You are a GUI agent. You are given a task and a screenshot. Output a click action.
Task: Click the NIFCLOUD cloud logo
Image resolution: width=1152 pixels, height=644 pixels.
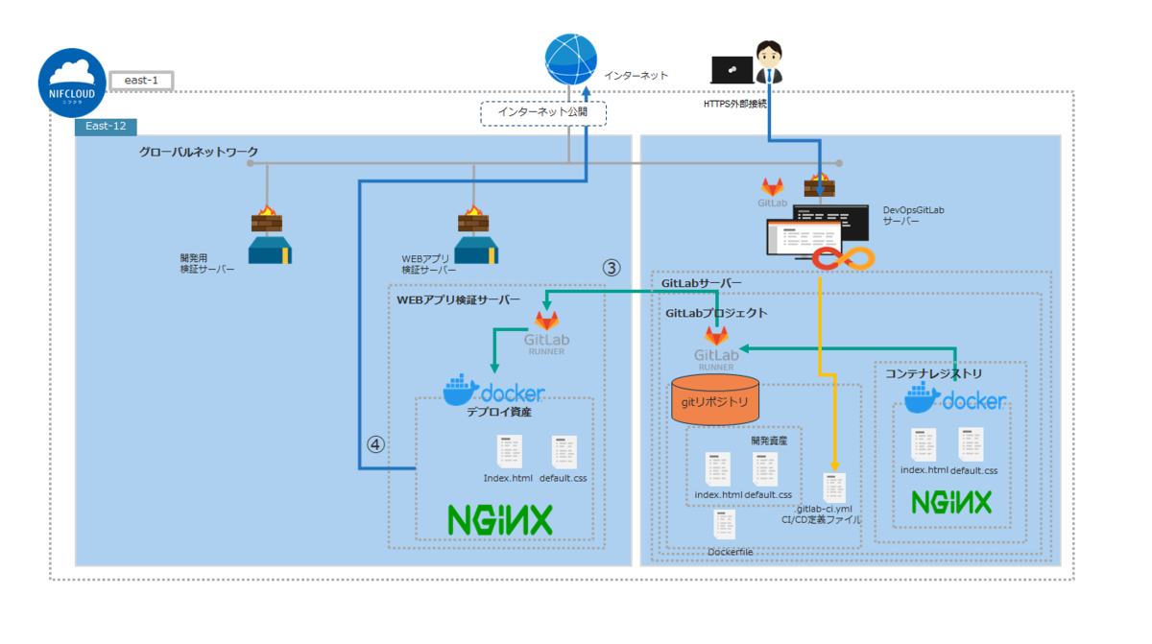tap(72, 82)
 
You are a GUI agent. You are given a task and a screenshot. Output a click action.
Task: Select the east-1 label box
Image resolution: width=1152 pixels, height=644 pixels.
tap(141, 81)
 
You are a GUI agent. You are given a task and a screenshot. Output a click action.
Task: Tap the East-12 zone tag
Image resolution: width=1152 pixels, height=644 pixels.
tap(107, 126)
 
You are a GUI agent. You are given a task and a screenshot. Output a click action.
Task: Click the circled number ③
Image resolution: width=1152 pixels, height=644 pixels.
tap(612, 269)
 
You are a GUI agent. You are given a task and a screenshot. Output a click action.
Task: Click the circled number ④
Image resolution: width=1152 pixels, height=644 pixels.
tap(375, 444)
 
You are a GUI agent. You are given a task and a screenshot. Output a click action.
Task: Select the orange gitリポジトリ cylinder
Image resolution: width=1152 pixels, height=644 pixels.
tap(714, 400)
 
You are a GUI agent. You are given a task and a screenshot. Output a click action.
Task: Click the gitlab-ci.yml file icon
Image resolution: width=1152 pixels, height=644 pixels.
tap(834, 486)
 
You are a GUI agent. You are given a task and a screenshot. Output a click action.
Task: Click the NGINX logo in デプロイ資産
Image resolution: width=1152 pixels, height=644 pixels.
tap(500, 519)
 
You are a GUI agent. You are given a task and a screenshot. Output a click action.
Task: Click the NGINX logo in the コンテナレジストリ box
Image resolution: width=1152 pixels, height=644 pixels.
tap(950, 503)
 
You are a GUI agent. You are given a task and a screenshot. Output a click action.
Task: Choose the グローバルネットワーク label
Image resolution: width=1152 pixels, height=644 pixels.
tap(199, 152)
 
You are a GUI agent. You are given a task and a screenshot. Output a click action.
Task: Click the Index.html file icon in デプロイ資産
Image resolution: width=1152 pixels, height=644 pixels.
tap(509, 452)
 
